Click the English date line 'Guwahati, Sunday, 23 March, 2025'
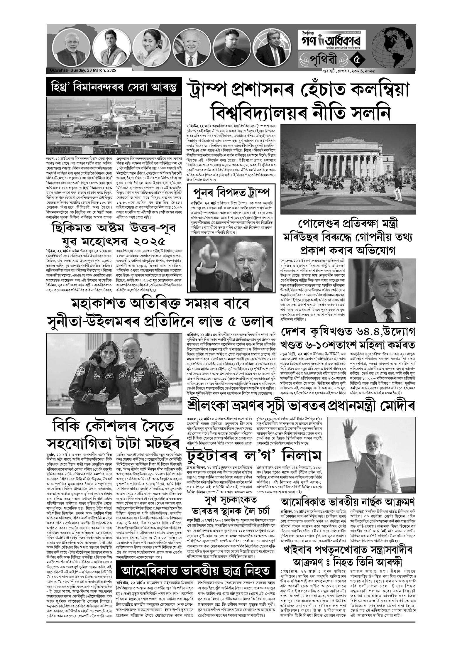(x=83, y=70)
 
